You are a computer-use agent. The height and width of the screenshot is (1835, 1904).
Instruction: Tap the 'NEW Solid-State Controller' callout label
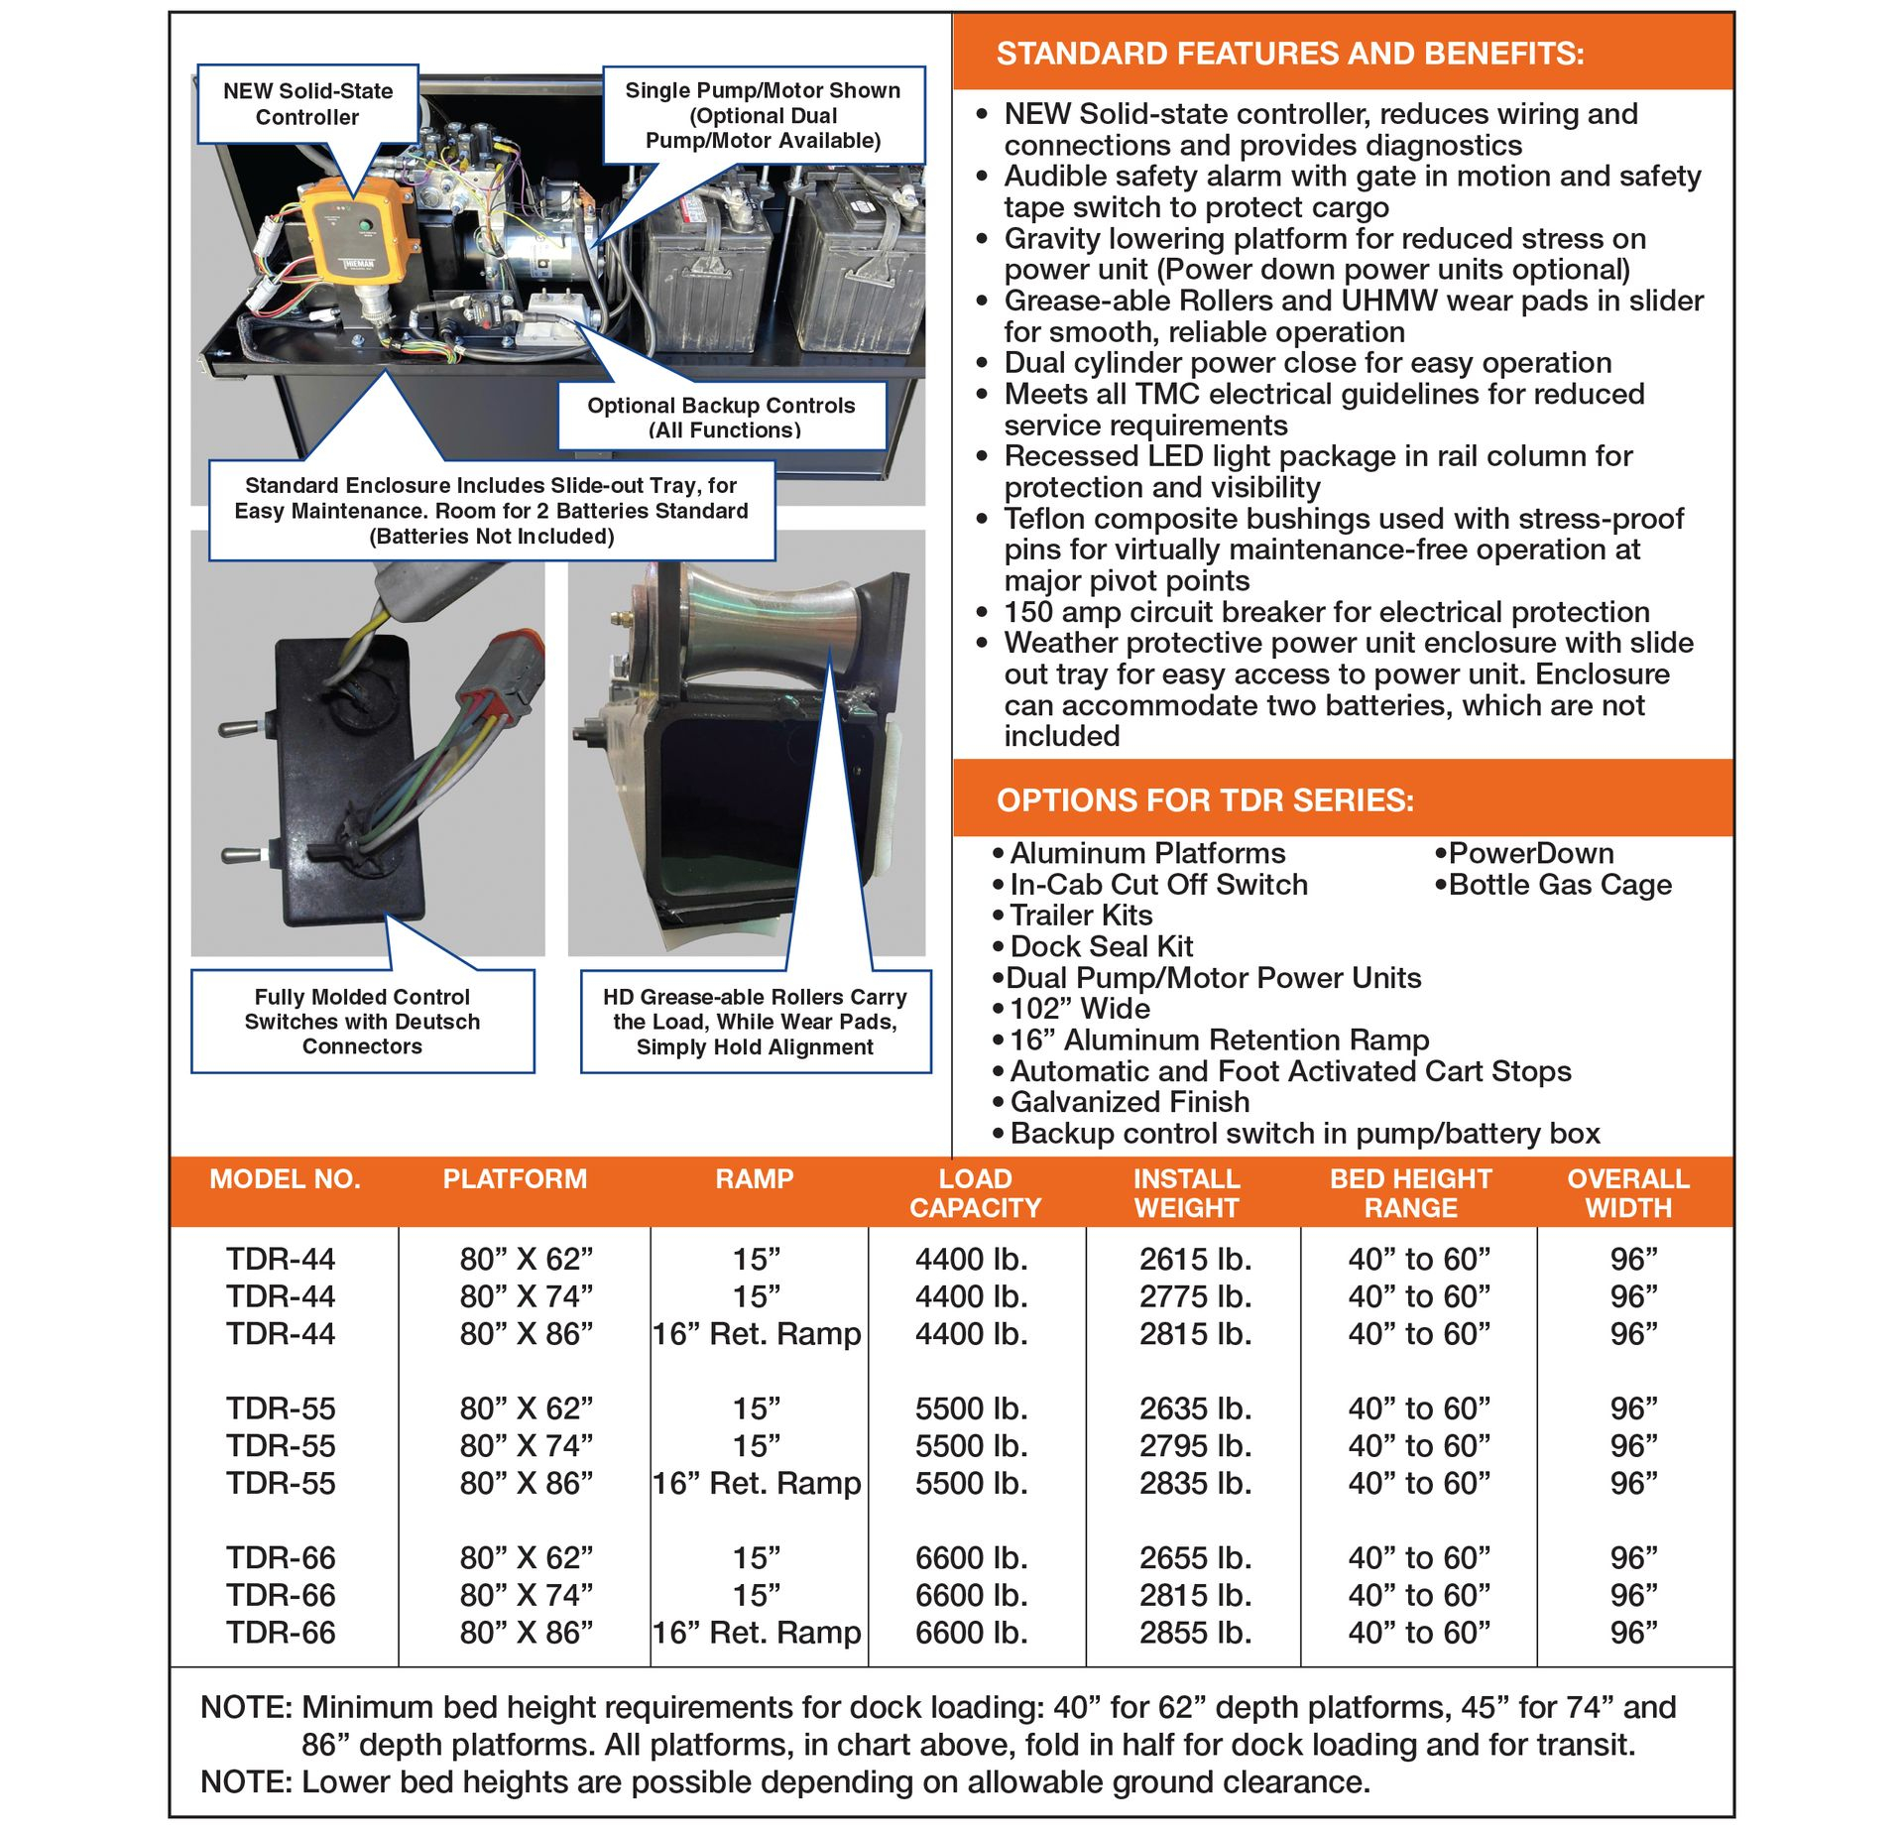tap(307, 104)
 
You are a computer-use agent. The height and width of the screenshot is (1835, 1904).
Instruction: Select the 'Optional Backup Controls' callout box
tap(721, 417)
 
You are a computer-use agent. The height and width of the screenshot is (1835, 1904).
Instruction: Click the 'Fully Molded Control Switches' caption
tap(362, 1021)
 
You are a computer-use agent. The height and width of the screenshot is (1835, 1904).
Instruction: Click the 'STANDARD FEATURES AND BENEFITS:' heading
tap(1289, 54)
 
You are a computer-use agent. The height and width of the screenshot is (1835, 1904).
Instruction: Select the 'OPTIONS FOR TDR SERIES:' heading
tap(1205, 799)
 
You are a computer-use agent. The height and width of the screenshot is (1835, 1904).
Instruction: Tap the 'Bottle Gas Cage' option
tap(1559, 884)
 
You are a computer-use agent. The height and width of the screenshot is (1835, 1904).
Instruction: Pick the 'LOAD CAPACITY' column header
tap(975, 1192)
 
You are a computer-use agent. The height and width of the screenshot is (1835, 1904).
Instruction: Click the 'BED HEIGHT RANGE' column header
tap(1410, 1192)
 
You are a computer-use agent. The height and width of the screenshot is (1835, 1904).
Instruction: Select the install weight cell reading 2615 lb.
tap(1195, 1259)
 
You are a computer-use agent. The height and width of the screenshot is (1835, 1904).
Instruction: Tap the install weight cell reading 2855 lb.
tap(1195, 1632)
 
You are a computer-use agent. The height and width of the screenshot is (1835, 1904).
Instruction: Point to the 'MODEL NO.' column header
tap(285, 1178)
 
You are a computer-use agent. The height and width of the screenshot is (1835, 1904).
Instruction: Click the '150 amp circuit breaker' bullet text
tap(1326, 611)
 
